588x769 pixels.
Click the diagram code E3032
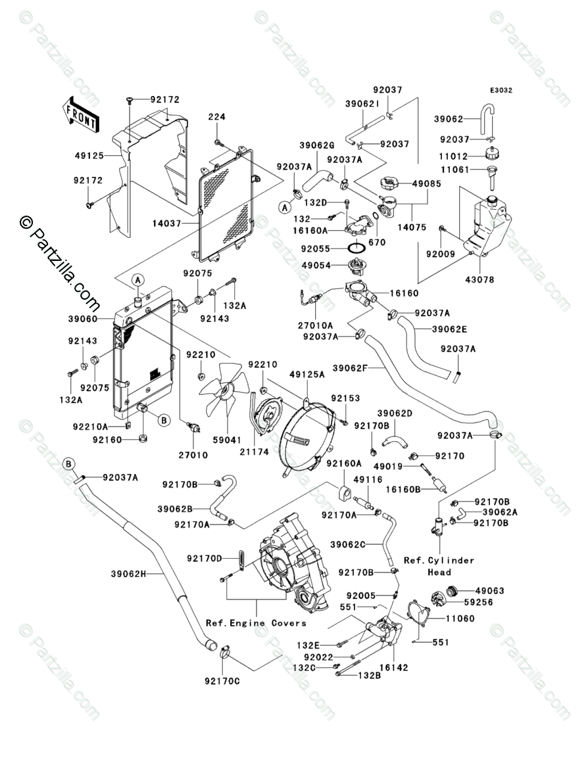[x=500, y=91]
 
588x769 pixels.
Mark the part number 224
[x=217, y=117]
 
